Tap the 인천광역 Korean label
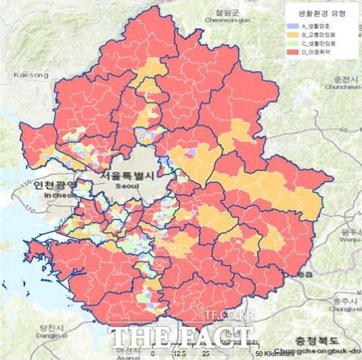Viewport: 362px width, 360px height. coord(52,186)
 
